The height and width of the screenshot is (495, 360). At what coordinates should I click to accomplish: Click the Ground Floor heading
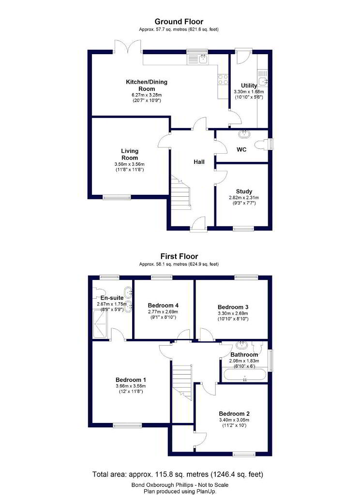179,22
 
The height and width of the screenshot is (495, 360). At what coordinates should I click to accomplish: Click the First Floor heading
179,256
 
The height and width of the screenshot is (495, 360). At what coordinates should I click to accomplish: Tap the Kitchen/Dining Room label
147,85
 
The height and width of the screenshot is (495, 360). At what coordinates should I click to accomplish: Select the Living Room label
130,154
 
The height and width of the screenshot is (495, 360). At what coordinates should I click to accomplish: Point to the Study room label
244,191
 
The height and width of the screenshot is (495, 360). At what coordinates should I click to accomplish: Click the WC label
241,149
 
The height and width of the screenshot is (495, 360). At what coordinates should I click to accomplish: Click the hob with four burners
223,79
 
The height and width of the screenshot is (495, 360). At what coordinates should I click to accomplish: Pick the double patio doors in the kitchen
128,46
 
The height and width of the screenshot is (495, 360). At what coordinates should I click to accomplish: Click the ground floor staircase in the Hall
181,192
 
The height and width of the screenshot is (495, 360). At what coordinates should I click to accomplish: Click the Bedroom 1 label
131,380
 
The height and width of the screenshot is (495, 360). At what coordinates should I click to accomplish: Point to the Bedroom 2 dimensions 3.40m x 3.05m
234,420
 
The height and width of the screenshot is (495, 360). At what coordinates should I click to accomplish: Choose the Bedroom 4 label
163,306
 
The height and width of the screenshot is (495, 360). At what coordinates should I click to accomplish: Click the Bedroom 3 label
233,307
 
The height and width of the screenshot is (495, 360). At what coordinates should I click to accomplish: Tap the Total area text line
178,474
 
